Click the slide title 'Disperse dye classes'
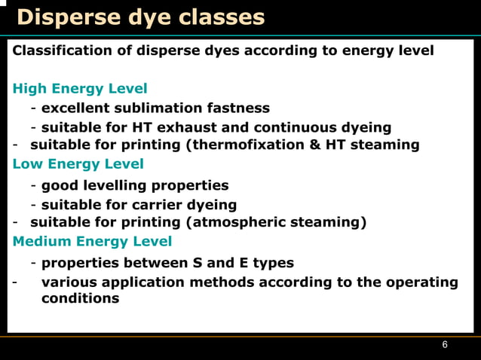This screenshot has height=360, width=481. [140, 17]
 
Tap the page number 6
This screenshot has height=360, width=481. [445, 344]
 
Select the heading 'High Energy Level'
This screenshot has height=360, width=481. [80, 89]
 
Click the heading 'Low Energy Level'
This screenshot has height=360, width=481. [78, 163]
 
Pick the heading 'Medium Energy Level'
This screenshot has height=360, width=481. [92, 242]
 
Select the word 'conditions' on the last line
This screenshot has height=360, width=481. [80, 298]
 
